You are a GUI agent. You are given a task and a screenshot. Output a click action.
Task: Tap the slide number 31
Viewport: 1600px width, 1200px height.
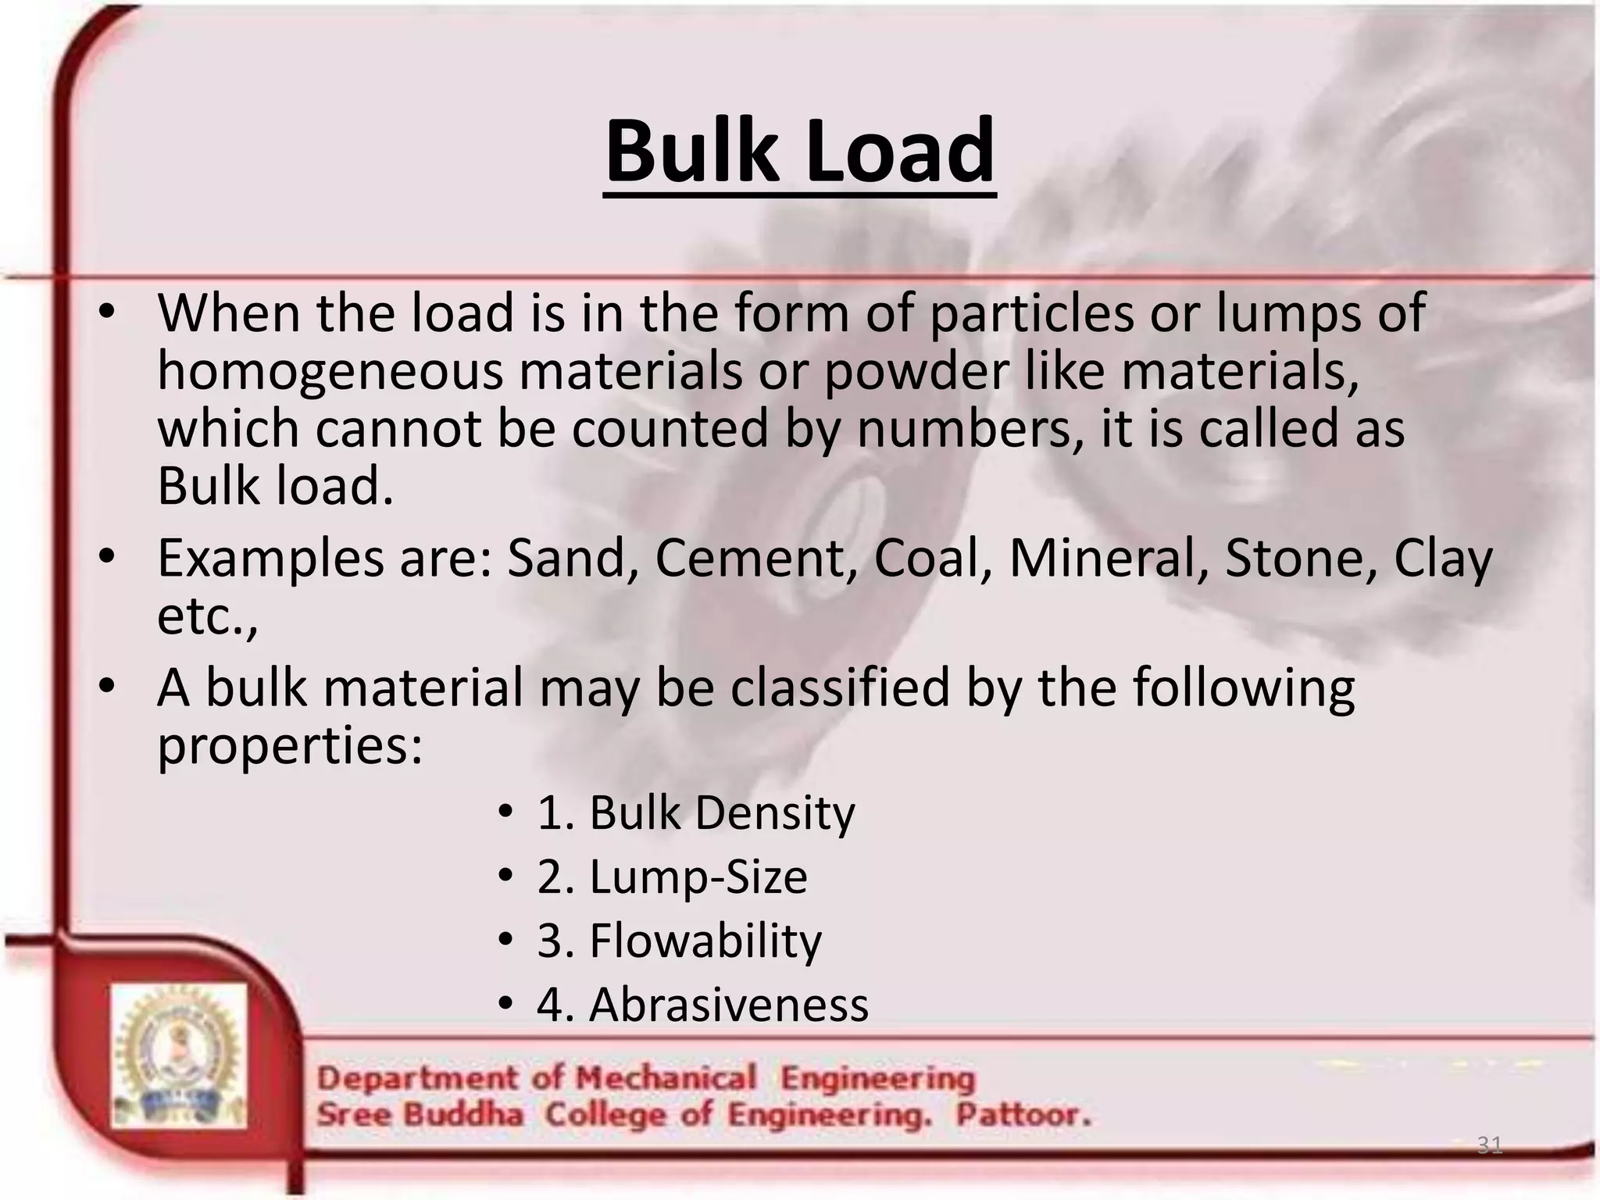pyautogui.click(x=1490, y=1145)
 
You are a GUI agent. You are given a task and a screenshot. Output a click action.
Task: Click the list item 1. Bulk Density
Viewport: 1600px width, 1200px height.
pyautogui.click(x=695, y=812)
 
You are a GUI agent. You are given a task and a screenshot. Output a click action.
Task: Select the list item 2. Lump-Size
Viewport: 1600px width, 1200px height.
pyautogui.click(x=672, y=877)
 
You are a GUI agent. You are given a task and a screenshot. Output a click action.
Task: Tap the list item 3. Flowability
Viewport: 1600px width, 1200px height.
pyautogui.click(x=679, y=941)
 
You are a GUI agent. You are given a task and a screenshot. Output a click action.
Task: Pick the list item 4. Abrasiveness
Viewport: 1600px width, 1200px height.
pyautogui.click(x=702, y=1005)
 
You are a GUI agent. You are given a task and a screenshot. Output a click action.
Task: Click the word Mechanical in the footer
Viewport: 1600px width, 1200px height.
pyautogui.click(x=666, y=1078)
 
